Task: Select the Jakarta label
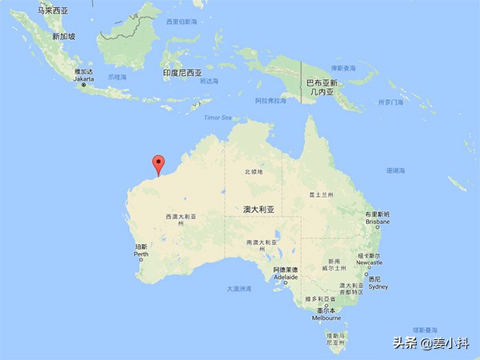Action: click(84, 79)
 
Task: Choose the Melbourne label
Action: click(326, 318)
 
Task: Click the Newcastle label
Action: click(370, 262)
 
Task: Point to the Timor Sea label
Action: click(216, 118)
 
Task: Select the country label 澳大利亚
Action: click(259, 209)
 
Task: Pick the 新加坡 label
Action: click(63, 36)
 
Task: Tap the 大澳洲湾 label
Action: click(238, 288)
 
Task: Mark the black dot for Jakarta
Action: click(84, 86)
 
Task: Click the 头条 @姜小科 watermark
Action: click(430, 343)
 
